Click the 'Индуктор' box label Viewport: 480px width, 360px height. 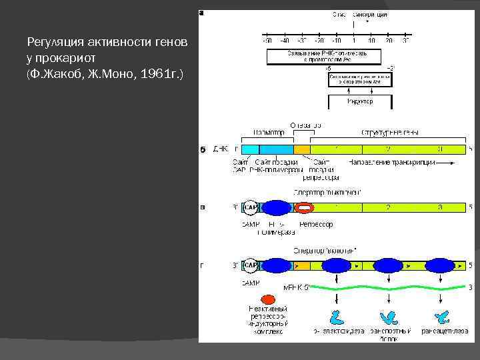coord(359,101)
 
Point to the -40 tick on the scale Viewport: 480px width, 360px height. coord(284,41)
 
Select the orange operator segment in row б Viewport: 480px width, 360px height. coord(302,149)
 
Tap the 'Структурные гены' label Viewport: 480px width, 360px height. coord(390,133)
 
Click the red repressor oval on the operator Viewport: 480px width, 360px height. coord(304,207)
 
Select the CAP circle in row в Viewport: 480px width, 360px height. coord(251,207)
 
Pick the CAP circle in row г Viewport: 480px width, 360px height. coord(251,265)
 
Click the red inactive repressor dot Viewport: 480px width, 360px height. coord(269,301)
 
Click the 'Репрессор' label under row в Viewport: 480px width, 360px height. coord(315,225)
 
